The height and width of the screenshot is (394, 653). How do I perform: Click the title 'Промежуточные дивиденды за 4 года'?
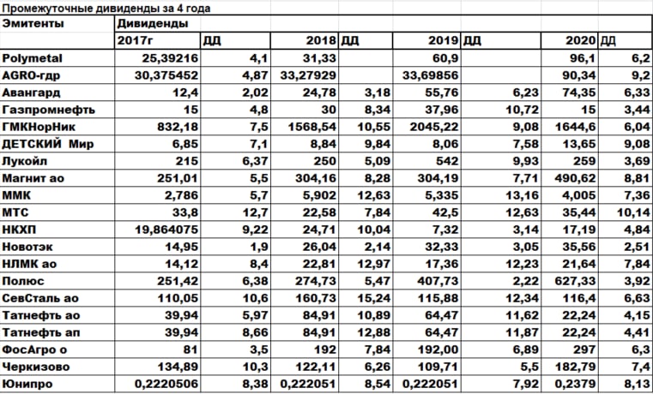tap(106, 8)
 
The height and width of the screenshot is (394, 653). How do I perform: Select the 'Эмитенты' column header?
tap(33, 24)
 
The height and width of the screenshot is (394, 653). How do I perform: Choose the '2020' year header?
tap(582, 40)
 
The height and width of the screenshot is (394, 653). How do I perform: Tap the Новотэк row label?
tap(29, 247)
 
